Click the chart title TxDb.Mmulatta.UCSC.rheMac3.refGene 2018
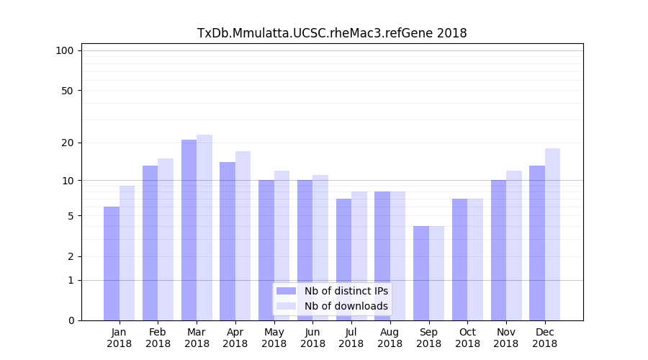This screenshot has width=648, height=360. coord(332,33)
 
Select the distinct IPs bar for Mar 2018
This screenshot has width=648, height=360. coord(189,230)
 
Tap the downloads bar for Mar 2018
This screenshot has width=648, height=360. coord(204,228)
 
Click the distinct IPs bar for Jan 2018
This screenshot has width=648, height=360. coord(112,264)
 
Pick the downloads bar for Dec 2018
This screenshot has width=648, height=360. coord(552,235)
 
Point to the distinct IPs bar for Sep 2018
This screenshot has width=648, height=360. coord(421,274)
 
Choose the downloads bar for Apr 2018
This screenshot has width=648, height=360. coord(243,236)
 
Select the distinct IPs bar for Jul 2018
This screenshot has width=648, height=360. coord(343,259)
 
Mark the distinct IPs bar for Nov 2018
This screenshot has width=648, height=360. coord(498,251)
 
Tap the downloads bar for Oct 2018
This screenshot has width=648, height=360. coord(475,259)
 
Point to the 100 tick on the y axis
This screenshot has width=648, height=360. coord(65,50)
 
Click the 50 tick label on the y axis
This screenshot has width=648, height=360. coord(68,91)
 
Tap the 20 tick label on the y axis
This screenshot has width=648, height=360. coord(68,143)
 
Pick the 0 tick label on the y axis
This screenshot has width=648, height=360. coord(71,320)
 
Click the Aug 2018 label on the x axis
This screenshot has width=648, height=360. coord(390,338)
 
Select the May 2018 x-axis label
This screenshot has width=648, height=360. coord(274,338)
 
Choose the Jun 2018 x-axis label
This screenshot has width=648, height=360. coord(312,338)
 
